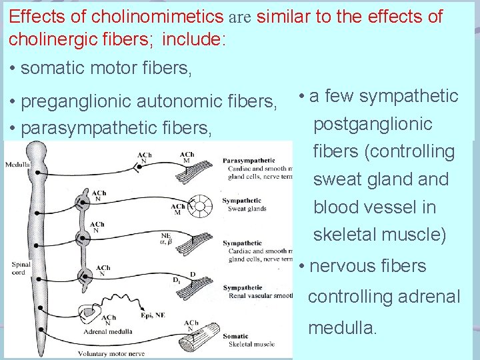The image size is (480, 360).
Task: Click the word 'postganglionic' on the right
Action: (373, 124)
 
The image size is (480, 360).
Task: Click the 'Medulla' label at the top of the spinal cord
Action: (17, 165)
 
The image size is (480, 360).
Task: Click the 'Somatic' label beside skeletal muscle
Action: (237, 337)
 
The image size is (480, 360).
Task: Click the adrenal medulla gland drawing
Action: (89, 303)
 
